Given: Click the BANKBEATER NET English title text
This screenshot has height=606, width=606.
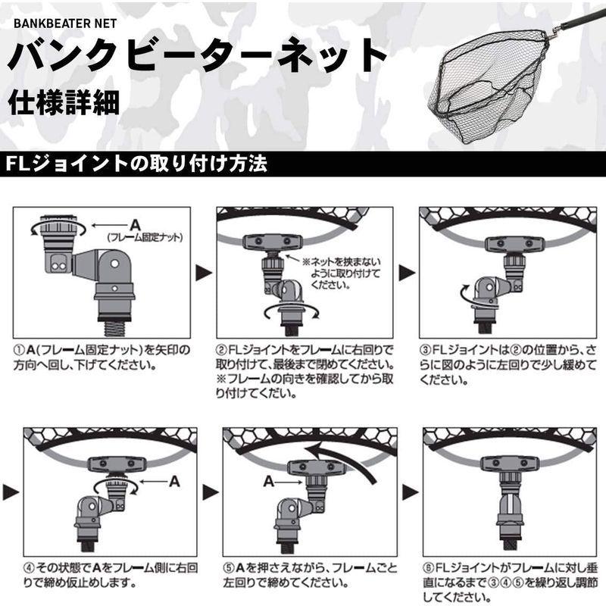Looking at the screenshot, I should click(64, 23).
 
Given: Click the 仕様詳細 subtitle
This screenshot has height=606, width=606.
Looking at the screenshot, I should click(64, 102).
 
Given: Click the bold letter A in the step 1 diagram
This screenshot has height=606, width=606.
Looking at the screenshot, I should click(135, 224).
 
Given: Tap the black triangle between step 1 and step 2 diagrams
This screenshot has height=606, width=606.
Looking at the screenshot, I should click(203, 270).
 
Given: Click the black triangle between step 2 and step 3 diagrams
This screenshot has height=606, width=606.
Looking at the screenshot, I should click(406, 270).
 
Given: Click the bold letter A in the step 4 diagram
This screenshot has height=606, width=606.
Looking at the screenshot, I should click(173, 480).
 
